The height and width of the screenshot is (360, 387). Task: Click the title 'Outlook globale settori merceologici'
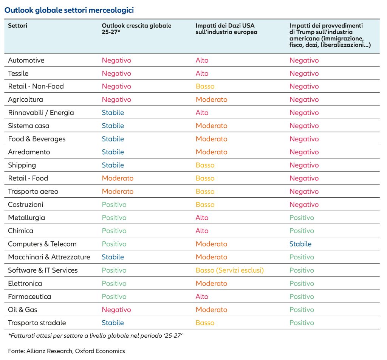click(69, 10)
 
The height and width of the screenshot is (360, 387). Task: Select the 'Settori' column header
click(17, 26)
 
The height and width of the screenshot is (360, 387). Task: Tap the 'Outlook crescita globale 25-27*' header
click(136, 29)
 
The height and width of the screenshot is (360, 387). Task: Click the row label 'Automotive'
click(26, 60)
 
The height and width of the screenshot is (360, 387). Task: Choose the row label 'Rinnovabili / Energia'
click(41, 113)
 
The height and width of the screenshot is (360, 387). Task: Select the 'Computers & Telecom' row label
click(42, 244)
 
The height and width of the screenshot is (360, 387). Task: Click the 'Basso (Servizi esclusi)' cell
click(229, 270)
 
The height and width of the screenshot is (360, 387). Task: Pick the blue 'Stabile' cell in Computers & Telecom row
click(300, 244)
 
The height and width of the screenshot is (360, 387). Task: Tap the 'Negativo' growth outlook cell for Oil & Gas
click(116, 310)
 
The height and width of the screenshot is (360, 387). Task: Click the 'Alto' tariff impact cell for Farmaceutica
click(202, 296)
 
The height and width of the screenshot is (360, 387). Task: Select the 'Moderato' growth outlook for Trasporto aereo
click(118, 191)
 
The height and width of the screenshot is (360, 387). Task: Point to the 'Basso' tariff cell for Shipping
click(205, 165)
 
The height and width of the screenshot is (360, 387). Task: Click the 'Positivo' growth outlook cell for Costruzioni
click(114, 205)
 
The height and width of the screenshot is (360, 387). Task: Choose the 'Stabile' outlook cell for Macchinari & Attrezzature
click(113, 257)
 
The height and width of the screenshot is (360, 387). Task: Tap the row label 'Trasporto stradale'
click(37, 323)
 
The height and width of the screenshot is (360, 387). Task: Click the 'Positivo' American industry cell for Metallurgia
click(302, 217)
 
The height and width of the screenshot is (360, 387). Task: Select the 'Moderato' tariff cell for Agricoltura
click(212, 99)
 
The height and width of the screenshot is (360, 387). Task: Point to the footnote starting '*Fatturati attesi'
click(95, 336)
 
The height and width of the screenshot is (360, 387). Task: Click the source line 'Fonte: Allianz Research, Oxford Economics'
click(67, 351)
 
